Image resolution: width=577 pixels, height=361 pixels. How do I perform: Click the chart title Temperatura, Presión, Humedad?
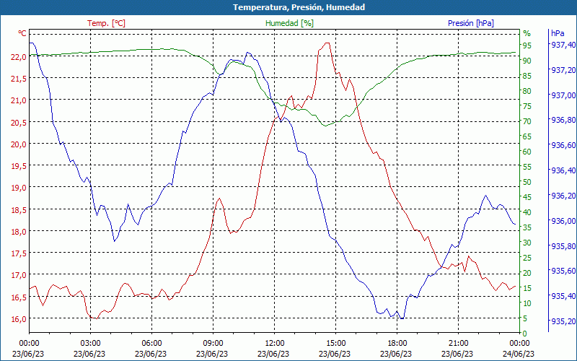[x=288, y=7]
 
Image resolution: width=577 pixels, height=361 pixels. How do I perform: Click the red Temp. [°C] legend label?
[x=106, y=23]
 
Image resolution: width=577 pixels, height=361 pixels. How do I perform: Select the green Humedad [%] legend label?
[x=290, y=23]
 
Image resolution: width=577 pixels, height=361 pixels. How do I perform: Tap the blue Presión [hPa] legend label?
[x=471, y=23]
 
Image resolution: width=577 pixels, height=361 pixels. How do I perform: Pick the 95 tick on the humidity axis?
[x=527, y=45]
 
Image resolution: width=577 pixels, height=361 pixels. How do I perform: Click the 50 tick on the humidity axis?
[x=527, y=182]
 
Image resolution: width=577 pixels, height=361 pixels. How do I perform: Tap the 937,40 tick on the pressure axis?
[x=563, y=45]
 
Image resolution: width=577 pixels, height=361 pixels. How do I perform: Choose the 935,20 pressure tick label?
[x=563, y=321]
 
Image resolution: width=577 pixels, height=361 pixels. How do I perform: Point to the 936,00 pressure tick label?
[x=563, y=221]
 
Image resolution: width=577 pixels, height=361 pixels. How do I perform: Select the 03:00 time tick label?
[x=90, y=343]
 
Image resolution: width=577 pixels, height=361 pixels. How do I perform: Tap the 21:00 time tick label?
[x=459, y=343]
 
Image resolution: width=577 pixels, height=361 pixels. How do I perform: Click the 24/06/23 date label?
[x=520, y=353]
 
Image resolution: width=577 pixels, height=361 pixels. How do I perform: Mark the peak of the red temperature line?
[x=328, y=43]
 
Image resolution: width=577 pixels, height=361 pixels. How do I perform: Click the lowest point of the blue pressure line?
[x=401, y=318]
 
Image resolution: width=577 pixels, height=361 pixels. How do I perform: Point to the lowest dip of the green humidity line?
[x=326, y=126]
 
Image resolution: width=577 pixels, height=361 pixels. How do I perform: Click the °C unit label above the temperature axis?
[x=22, y=33]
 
